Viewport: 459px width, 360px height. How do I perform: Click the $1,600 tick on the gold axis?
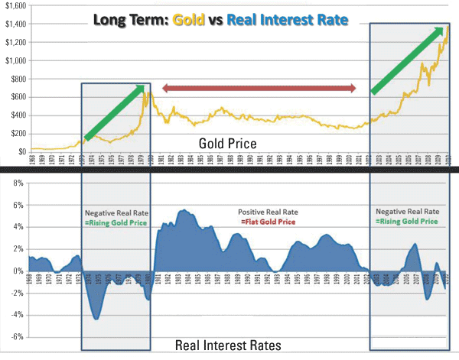pyautogui.click(x=13, y=5)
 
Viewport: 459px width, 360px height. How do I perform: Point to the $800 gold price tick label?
pyautogui.click(x=16, y=79)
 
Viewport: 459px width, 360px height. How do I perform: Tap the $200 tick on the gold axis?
pyautogui.click(x=16, y=133)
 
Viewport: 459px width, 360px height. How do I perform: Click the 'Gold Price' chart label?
pyautogui.click(x=227, y=143)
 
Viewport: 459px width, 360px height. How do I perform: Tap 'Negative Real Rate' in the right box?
pyautogui.click(x=409, y=210)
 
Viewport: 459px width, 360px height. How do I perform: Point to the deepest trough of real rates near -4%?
pyautogui.click(x=96, y=318)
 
